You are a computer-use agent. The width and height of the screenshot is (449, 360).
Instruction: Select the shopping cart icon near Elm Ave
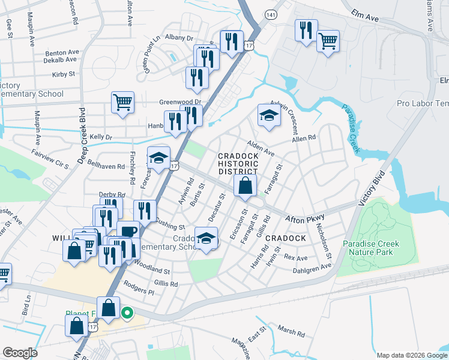point(328,42)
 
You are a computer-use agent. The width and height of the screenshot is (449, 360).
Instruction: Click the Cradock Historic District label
point(238,164)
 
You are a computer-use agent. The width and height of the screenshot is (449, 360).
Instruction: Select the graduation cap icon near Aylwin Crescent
point(270,116)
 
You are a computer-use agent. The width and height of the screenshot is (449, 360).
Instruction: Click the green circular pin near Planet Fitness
point(127,313)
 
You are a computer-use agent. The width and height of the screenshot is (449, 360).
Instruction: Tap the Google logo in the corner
point(20,353)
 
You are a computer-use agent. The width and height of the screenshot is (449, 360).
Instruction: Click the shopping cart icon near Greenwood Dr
point(122,102)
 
